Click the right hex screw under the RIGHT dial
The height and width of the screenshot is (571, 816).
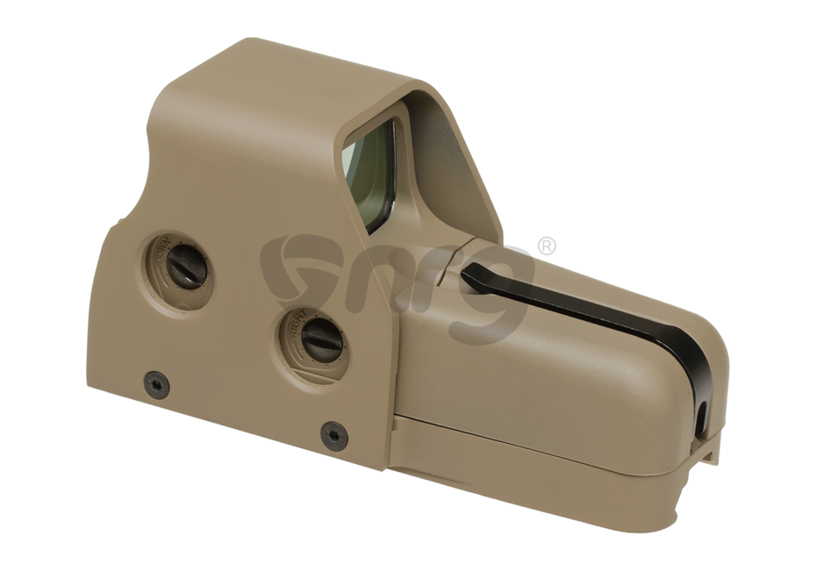(334, 435)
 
